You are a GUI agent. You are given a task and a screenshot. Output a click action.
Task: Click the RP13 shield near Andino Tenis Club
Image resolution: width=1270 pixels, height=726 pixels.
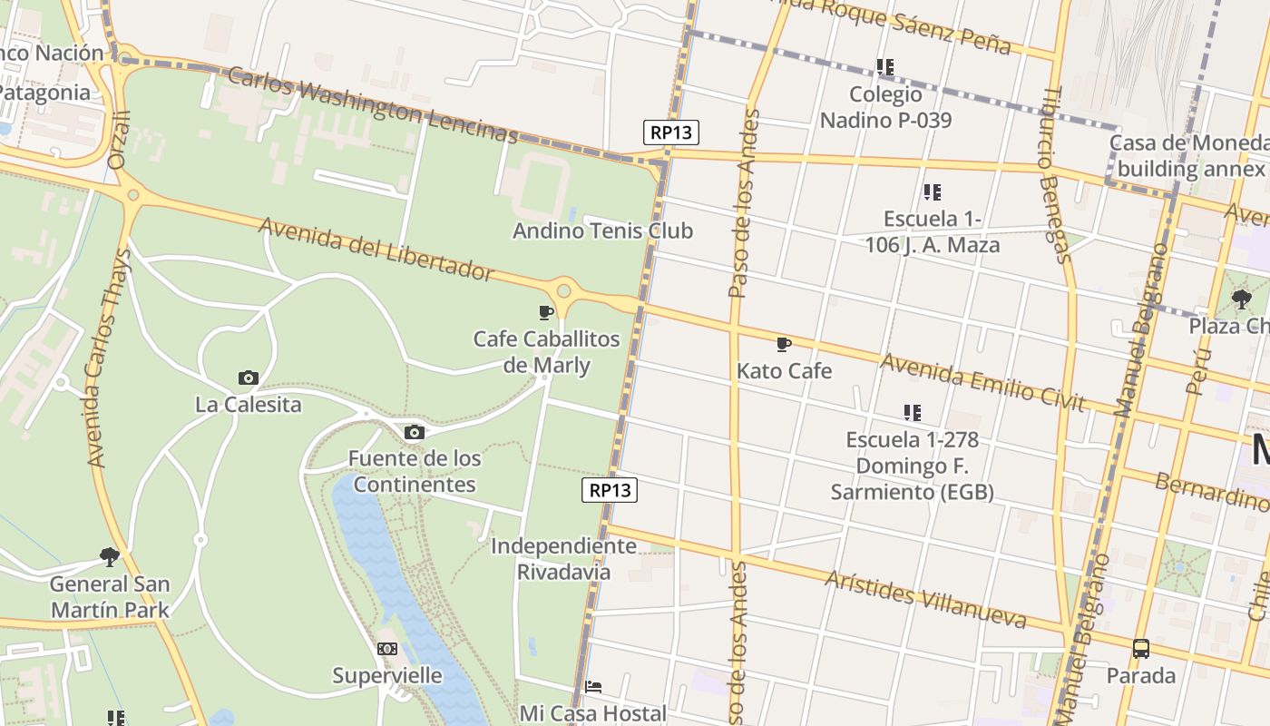(671, 132)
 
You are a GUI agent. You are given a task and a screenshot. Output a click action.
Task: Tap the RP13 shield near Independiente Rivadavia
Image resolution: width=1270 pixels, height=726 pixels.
(610, 490)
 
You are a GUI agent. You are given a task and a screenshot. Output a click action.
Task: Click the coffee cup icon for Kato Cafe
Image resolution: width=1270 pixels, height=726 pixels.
(784, 344)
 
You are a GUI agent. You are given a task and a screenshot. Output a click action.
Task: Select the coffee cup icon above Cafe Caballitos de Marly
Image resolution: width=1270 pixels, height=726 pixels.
(546, 312)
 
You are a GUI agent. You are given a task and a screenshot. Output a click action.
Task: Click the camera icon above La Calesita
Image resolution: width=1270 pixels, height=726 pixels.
(248, 378)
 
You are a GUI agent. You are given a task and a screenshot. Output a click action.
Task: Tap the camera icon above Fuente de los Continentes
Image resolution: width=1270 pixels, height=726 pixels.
(415, 432)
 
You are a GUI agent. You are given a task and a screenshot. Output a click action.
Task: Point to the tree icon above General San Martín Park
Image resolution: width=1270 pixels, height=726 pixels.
(110, 556)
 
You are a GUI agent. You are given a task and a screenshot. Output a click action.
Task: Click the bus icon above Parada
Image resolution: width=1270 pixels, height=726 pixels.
(1141, 649)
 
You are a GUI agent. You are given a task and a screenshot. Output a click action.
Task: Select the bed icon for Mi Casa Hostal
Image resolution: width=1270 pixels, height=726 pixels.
(593, 686)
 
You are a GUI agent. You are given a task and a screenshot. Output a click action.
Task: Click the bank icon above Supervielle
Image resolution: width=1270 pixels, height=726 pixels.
(387, 649)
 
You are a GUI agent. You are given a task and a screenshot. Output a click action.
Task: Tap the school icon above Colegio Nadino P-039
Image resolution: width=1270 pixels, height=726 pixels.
(885, 67)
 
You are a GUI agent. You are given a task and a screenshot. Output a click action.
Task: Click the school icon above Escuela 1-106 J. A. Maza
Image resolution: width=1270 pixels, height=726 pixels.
(933, 192)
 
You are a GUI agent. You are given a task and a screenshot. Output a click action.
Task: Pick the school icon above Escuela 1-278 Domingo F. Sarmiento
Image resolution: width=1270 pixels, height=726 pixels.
(913, 413)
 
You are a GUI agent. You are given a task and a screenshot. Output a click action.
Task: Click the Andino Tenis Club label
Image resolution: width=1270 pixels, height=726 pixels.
(602, 231)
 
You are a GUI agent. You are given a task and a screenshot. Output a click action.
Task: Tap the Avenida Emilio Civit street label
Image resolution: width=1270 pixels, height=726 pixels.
(982, 382)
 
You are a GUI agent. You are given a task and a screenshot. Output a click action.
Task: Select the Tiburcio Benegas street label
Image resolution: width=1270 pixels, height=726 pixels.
(1057, 174)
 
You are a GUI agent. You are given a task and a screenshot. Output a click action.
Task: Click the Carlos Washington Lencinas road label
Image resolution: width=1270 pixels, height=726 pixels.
(372, 105)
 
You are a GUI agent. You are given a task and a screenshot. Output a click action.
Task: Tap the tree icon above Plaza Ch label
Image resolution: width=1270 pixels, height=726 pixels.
(1241, 299)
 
